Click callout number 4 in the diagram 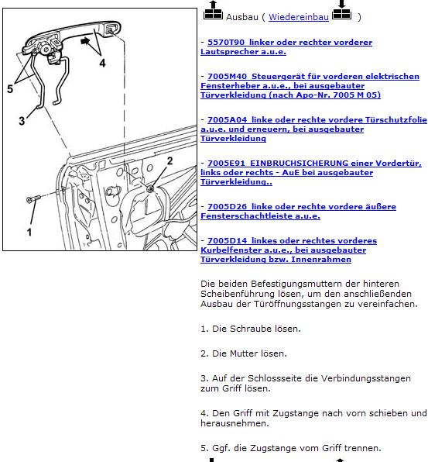102,63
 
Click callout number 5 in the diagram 10,88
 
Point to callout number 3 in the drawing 22,121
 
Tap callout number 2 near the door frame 169,161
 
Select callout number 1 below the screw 29,233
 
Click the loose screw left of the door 33,198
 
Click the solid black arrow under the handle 85,41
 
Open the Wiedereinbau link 299,17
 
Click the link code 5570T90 226,43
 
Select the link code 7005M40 227,77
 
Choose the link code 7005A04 227,120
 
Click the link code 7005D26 227,206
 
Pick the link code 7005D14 227,241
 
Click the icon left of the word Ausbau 213,11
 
